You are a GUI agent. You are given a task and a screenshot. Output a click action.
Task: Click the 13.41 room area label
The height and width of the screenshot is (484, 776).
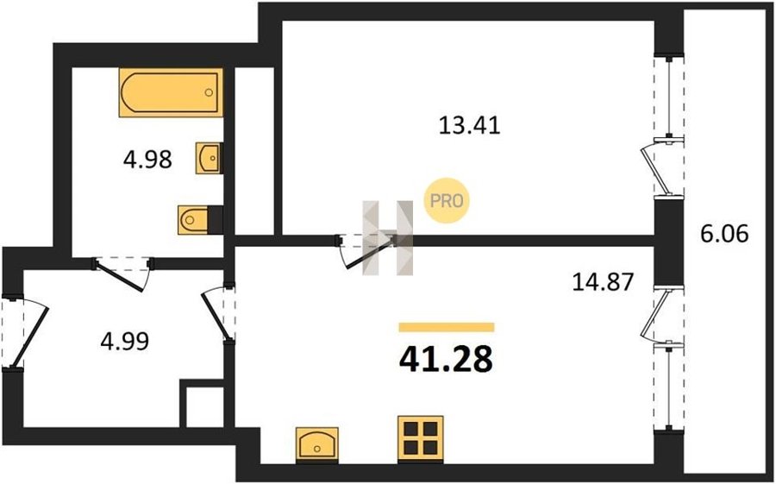click(x=470, y=125)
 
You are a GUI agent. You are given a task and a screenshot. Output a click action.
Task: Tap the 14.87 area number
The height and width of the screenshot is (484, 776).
click(x=603, y=282)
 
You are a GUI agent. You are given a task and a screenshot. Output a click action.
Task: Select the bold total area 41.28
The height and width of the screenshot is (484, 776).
click(x=446, y=359)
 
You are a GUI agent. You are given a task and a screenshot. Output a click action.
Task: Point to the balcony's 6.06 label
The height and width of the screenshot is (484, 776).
click(x=724, y=233)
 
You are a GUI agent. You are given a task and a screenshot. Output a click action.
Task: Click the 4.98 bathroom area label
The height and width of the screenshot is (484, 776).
click(x=147, y=160)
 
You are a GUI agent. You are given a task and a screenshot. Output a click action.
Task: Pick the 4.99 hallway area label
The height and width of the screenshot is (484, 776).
click(x=124, y=342)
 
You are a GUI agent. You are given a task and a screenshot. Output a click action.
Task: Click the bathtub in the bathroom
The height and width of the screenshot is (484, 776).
click(x=171, y=92)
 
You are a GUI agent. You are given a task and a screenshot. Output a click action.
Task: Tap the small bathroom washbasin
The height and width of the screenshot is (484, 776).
click(x=210, y=158)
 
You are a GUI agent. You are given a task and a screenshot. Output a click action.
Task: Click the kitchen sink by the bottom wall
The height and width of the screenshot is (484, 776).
click(x=316, y=445)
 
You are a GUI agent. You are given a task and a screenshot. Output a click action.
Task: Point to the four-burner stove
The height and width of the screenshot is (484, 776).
click(x=421, y=439)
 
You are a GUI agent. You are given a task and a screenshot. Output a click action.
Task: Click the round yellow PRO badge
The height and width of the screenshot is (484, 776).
click(x=447, y=201)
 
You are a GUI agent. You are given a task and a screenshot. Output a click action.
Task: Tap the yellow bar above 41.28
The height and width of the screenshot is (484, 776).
click(x=447, y=327)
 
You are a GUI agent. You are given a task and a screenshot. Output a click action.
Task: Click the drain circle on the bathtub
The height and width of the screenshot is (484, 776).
click(x=209, y=92)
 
